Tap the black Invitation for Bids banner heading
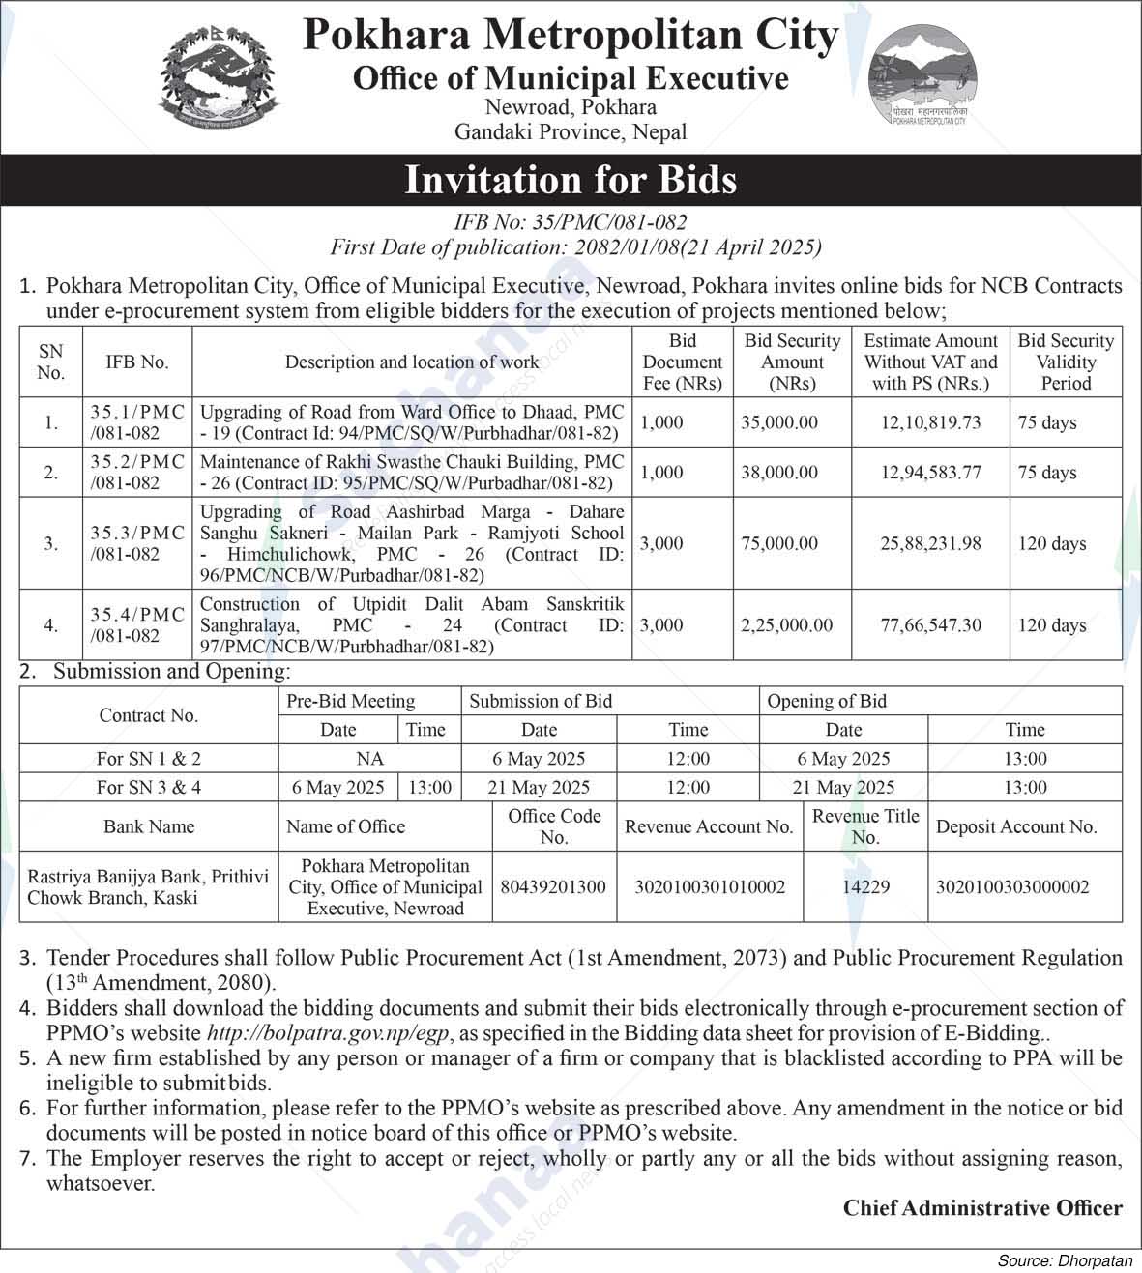(571, 180)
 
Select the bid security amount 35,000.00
(779, 422)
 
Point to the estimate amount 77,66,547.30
(930, 625)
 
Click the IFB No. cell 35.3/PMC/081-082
(137, 543)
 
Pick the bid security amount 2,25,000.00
(786, 625)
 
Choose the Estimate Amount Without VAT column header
(930, 362)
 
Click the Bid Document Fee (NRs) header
(682, 362)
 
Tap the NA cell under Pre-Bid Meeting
(369, 759)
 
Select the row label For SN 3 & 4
(149, 787)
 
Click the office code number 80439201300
(553, 886)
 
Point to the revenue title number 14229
(865, 886)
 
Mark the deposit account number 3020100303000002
(1012, 886)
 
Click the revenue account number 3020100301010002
(709, 886)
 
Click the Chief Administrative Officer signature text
(982, 1207)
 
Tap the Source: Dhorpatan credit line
(1065, 1260)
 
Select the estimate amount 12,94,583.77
(930, 473)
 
